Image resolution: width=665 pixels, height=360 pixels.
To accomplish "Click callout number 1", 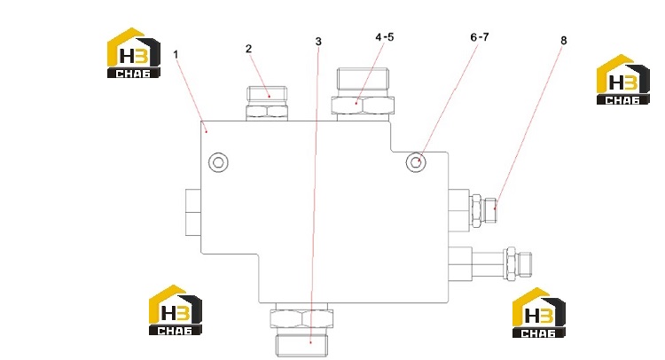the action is click(176, 55).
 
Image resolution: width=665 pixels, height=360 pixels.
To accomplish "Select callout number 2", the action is click(248, 49).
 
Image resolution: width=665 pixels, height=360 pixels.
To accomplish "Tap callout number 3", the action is click(318, 42).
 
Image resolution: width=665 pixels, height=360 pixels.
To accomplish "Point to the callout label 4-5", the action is click(384, 37).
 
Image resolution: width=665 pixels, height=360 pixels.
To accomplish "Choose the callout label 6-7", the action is click(479, 37).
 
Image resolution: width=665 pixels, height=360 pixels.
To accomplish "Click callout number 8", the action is click(563, 40).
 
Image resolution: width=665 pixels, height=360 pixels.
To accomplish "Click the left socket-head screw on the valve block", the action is click(218, 162).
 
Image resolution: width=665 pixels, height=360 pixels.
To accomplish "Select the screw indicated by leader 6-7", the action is click(416, 162).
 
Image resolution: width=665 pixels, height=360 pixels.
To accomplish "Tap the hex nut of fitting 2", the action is click(267, 111).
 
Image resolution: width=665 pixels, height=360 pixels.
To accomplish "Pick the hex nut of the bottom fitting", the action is click(301, 318).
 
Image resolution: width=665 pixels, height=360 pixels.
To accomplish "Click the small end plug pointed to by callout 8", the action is click(490, 209).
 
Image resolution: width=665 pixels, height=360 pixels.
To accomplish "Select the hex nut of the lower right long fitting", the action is click(509, 263).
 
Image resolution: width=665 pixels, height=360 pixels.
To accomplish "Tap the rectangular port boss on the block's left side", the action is click(193, 213).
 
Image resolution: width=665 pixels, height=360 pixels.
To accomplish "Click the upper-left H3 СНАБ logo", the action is click(133, 53).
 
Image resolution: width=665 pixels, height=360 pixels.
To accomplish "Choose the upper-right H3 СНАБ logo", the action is click(622, 79).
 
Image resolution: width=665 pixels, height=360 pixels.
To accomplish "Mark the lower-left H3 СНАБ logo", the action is click(176, 310).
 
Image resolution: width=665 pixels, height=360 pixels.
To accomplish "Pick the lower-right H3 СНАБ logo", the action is click(538, 312).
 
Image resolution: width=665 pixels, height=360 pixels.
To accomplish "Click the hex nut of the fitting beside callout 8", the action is click(476, 210).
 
